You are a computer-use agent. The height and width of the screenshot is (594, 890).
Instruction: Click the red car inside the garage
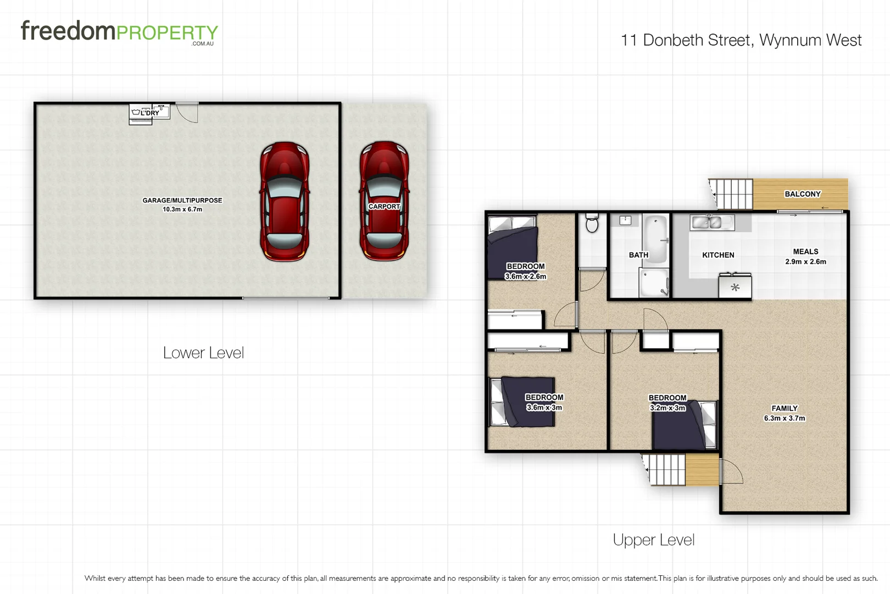click(284, 202)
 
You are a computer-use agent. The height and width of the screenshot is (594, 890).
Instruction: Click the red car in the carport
click(384, 202)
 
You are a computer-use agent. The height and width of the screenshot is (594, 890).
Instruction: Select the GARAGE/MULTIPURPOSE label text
click(182, 200)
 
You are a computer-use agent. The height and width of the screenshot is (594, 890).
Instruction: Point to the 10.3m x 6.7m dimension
click(182, 210)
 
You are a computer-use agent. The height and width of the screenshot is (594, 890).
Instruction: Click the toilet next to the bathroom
click(592, 223)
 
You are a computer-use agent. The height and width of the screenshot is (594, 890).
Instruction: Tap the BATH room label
click(638, 255)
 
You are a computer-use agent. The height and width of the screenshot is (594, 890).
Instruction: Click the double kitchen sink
click(707, 222)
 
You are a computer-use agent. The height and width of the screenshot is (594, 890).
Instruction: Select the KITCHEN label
click(718, 255)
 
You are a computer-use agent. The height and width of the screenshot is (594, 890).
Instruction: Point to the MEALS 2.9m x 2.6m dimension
click(805, 262)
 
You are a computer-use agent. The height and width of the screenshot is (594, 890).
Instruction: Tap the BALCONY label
click(802, 194)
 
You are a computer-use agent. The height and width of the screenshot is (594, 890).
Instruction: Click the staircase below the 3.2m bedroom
click(666, 470)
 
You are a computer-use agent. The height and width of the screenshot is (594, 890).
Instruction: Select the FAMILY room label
click(784, 408)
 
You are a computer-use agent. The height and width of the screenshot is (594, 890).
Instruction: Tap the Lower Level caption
click(203, 353)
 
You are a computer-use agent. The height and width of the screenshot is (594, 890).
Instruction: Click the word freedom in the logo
click(68, 31)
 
